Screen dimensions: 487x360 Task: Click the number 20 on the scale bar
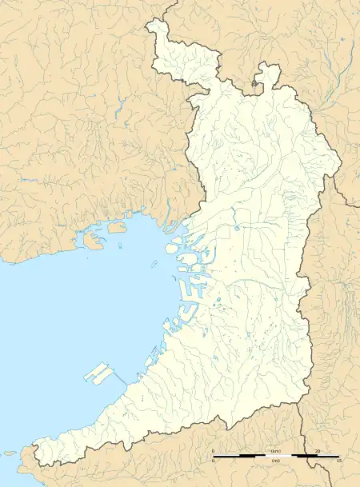(x=318, y=452)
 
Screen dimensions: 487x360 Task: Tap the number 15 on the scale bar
(x=339, y=461)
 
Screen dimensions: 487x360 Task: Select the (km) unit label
(x=274, y=452)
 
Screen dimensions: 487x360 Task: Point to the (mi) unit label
(x=274, y=461)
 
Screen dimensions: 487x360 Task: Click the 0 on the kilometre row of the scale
(x=214, y=452)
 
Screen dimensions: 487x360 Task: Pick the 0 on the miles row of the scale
(x=214, y=461)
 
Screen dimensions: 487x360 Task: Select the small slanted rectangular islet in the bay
(x=117, y=227)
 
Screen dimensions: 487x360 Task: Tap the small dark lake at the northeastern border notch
(x=256, y=81)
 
